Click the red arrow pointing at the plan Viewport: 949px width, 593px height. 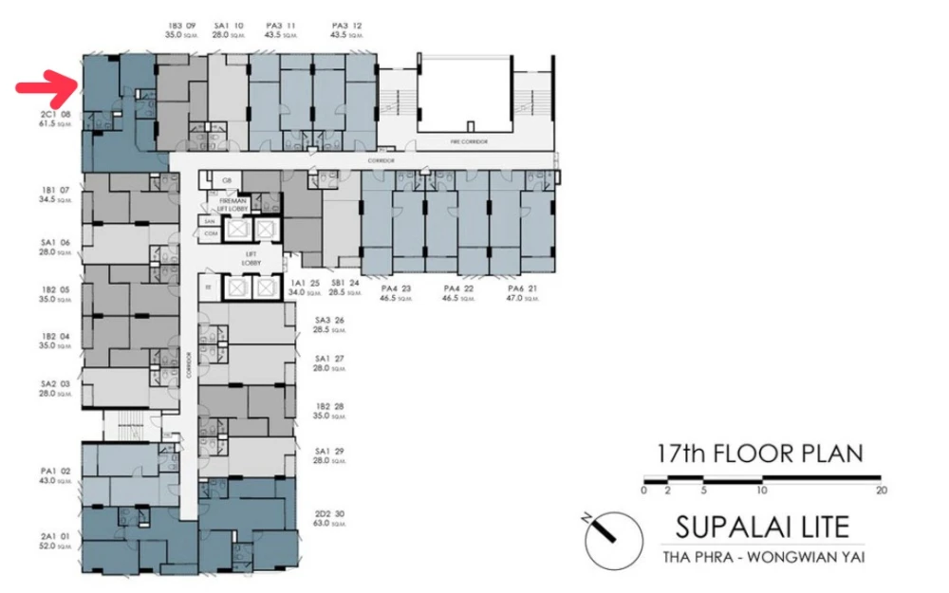point(45,88)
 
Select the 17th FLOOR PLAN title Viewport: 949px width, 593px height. point(760,453)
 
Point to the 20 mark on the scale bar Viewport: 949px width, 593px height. point(881,491)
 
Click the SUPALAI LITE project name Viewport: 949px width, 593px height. point(762,525)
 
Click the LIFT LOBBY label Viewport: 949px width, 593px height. point(251,259)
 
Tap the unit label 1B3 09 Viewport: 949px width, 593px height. point(181,29)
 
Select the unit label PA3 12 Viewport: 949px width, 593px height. point(346,29)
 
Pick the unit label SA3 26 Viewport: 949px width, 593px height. point(328,324)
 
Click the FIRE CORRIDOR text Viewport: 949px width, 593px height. point(469,140)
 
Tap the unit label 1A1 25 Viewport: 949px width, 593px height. point(299,287)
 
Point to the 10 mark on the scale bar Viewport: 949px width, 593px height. point(761,491)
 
